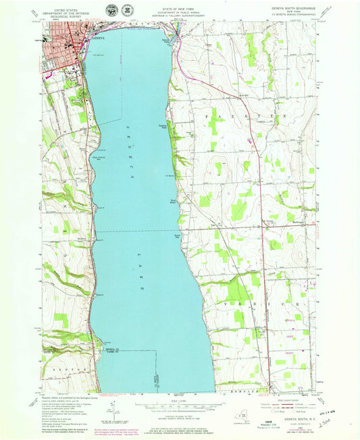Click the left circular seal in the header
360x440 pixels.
tap(110, 10)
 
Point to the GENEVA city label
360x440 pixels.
tap(99, 38)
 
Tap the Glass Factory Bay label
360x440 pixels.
tap(100, 159)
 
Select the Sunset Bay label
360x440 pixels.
tap(178, 236)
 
